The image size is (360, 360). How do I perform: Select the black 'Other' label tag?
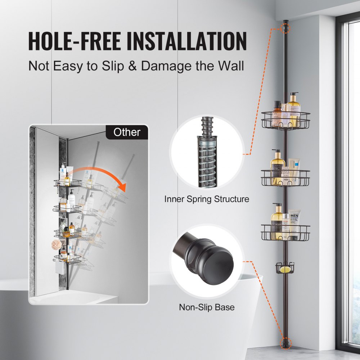point(126,132)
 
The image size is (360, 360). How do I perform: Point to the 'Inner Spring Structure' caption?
point(207,199)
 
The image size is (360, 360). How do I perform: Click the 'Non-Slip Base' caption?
point(207,307)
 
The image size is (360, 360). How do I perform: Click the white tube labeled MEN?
point(294,225)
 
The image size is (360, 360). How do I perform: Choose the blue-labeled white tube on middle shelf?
point(294,168)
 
